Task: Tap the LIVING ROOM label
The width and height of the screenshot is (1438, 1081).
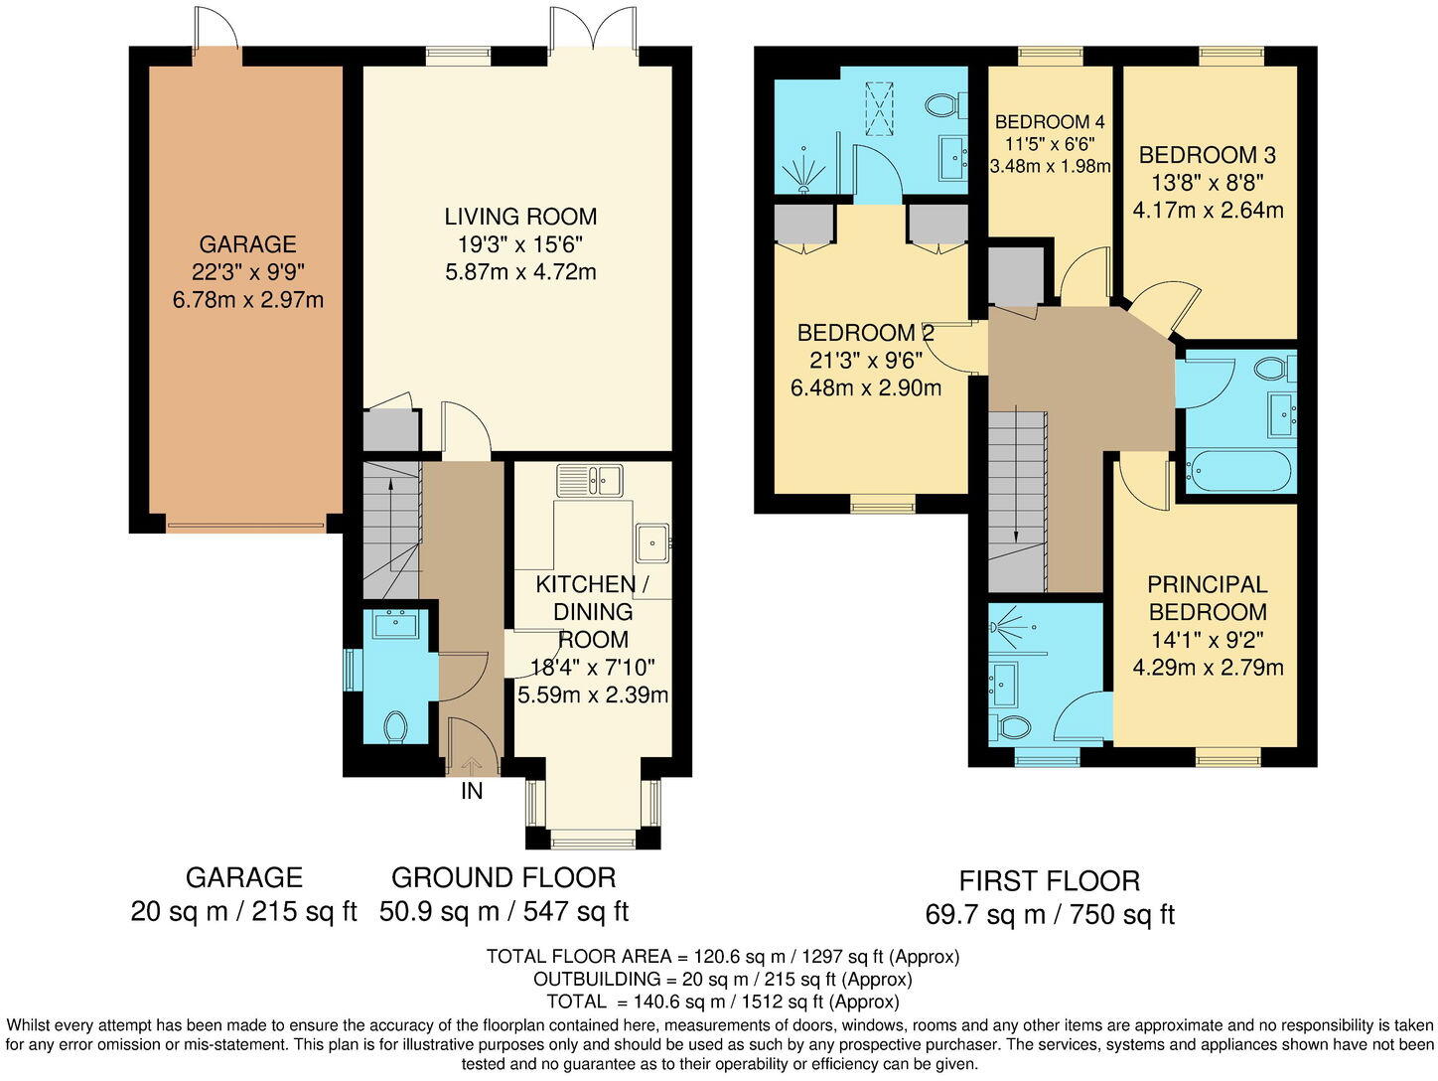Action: point(520,217)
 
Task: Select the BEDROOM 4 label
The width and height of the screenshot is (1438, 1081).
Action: point(1050,122)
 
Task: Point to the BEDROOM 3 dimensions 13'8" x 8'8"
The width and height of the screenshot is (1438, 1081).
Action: point(1207,183)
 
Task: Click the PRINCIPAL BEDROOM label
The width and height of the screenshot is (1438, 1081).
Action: point(1208,598)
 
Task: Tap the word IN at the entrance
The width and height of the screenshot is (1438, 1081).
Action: point(472,792)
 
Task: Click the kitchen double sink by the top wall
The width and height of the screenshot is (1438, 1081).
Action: point(589,480)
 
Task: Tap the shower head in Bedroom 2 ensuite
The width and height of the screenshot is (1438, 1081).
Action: point(803,176)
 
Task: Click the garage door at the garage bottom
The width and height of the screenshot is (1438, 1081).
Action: point(246,524)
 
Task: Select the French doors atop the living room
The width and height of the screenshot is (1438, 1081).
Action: point(592,30)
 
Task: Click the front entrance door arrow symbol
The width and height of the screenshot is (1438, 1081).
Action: point(471,764)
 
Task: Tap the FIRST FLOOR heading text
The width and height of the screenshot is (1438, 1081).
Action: point(1049,881)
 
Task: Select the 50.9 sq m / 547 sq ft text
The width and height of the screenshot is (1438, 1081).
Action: point(504,911)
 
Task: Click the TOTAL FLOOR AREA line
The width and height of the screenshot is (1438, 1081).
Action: point(722,957)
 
